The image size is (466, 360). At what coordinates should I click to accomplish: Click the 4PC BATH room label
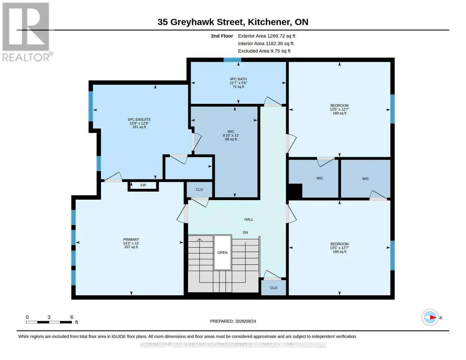tap(238, 79)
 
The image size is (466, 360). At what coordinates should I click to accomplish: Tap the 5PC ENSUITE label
tap(139, 119)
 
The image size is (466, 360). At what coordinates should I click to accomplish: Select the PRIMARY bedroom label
tap(131, 239)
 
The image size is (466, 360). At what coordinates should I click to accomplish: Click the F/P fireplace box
tap(143, 185)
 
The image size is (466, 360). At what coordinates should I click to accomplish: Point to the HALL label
tap(249, 219)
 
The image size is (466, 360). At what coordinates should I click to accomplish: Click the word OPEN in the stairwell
tap(222, 253)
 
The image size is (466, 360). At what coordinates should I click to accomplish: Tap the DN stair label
tap(245, 232)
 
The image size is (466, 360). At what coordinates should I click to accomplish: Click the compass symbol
tap(430, 317)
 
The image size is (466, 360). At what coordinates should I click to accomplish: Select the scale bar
tap(49, 322)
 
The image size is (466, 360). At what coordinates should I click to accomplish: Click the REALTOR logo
tap(26, 32)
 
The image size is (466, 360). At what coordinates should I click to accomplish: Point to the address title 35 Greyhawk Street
tap(201, 22)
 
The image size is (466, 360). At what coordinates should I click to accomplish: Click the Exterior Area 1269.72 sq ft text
tap(266, 36)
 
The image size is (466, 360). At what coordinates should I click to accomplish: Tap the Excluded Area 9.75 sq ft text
tap(264, 51)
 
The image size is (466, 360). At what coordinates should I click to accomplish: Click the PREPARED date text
tap(233, 321)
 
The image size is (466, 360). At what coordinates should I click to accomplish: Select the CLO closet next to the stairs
tap(273, 288)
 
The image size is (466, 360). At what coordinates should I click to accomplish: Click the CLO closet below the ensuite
tap(200, 190)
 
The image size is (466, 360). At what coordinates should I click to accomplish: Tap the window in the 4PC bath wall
tap(232, 60)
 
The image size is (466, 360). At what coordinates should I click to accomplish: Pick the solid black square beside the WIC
tap(295, 190)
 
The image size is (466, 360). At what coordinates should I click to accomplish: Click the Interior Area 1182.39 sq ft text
tap(266, 43)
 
